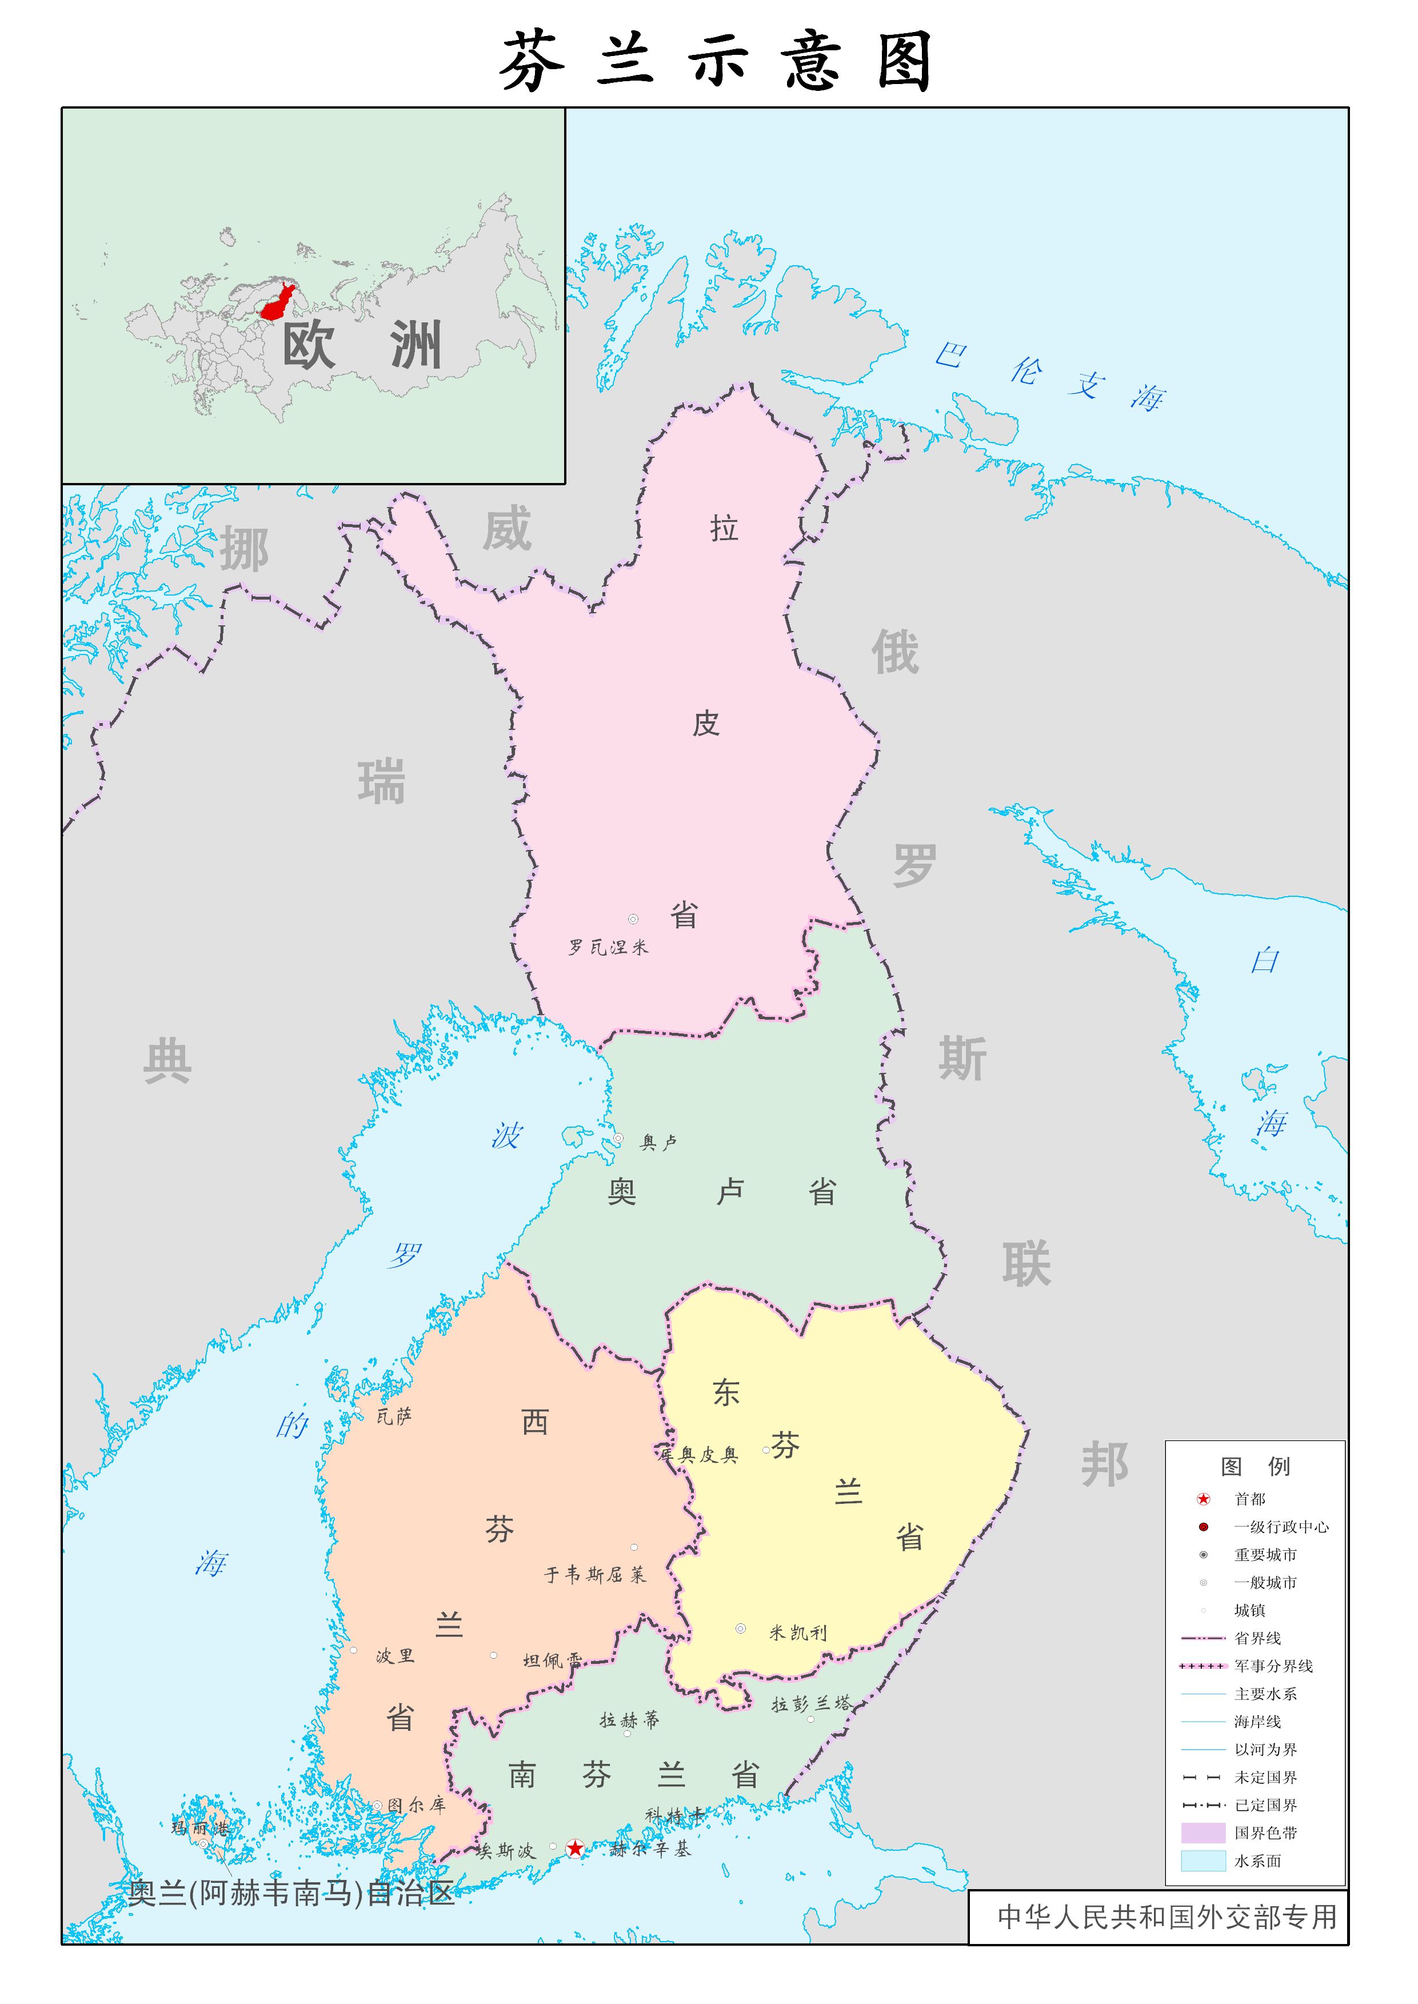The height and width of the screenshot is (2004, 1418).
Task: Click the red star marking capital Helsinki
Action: point(576,1849)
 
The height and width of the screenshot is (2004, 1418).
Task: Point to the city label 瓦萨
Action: point(394,1416)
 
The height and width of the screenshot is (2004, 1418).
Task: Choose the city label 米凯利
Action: point(797,1633)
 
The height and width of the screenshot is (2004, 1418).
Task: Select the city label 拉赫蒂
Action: point(629,1720)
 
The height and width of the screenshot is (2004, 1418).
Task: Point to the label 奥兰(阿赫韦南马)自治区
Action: point(291,1892)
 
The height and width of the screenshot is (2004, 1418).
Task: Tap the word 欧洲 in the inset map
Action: point(361,345)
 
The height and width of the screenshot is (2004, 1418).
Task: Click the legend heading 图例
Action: point(1255,1466)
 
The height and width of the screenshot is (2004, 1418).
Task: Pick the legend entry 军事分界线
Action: point(1273,1666)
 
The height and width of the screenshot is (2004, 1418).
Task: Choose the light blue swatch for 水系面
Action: point(1203,1861)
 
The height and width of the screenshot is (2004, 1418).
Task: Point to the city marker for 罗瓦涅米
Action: point(633,919)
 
